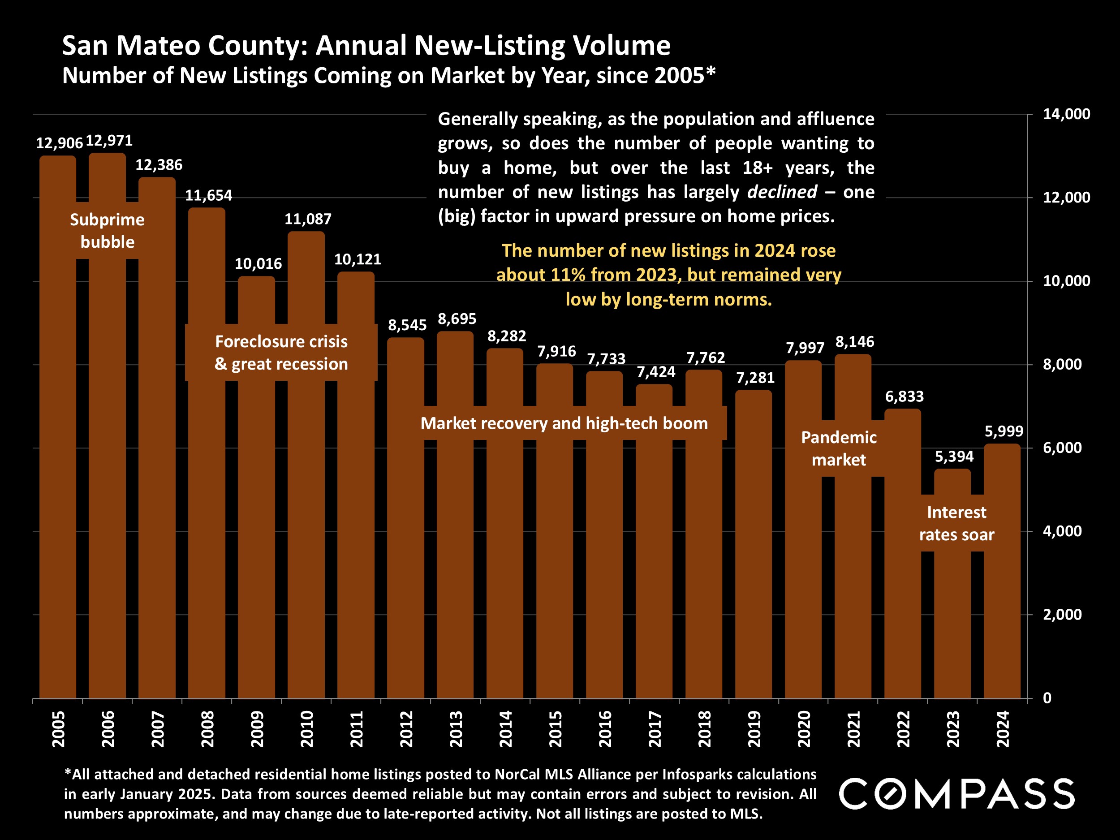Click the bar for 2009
pyautogui.click(x=256, y=506)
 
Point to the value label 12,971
pyautogui.click(x=109, y=141)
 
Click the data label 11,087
pyautogui.click(x=308, y=219)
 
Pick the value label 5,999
pyautogui.click(x=1004, y=431)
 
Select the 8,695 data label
pyautogui.click(x=457, y=319)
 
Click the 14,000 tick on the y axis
pyautogui.click(x=1066, y=114)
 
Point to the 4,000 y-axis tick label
pyautogui.click(x=1062, y=531)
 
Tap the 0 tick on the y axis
pyautogui.click(x=1047, y=698)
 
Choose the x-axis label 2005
pyautogui.click(x=58, y=729)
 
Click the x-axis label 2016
pyautogui.click(x=605, y=729)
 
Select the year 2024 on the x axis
pyautogui.click(x=1003, y=729)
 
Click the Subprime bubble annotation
pyautogui.click(x=108, y=231)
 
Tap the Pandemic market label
pyautogui.click(x=839, y=448)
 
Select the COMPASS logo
pyautogui.click(x=956, y=793)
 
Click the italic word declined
pyautogui.click(x=782, y=192)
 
